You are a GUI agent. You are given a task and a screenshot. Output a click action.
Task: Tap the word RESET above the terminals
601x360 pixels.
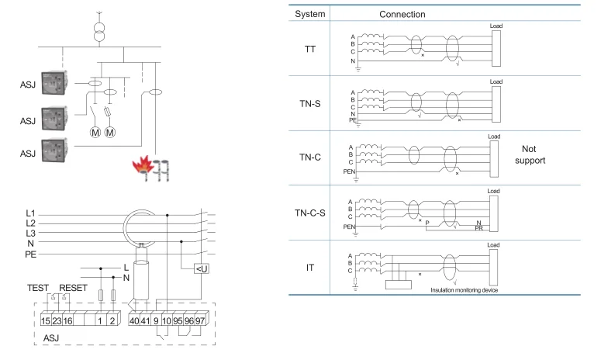tap(73, 286)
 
